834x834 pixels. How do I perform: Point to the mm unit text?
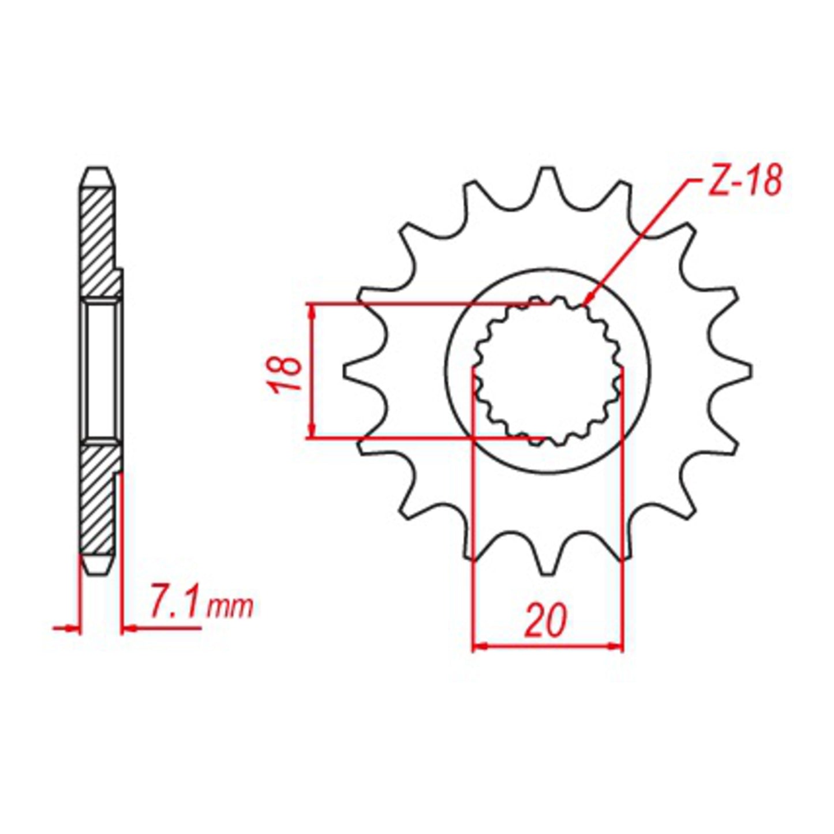pos(231,608)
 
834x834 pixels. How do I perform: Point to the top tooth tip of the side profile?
pos(96,172)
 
